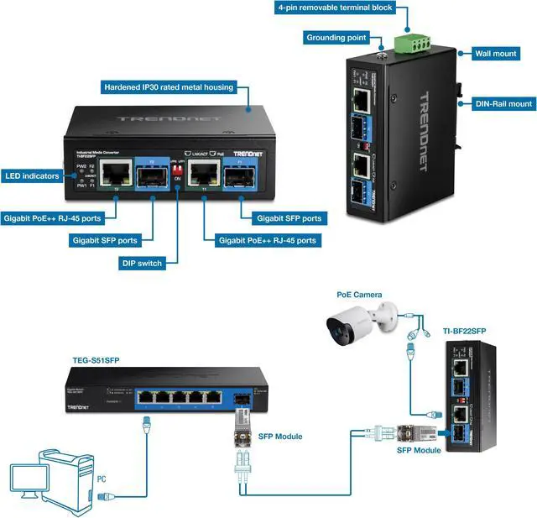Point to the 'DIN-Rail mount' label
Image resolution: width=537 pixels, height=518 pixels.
(x=503, y=104)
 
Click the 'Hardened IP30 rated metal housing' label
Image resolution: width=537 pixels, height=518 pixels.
(x=168, y=86)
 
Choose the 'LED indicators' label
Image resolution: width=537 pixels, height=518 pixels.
(x=32, y=176)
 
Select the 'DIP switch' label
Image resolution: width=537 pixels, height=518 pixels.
(x=141, y=264)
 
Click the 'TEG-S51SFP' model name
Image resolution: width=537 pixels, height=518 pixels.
(x=94, y=361)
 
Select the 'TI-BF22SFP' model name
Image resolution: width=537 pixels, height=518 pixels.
(x=464, y=332)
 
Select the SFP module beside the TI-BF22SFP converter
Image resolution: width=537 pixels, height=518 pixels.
(x=417, y=433)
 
